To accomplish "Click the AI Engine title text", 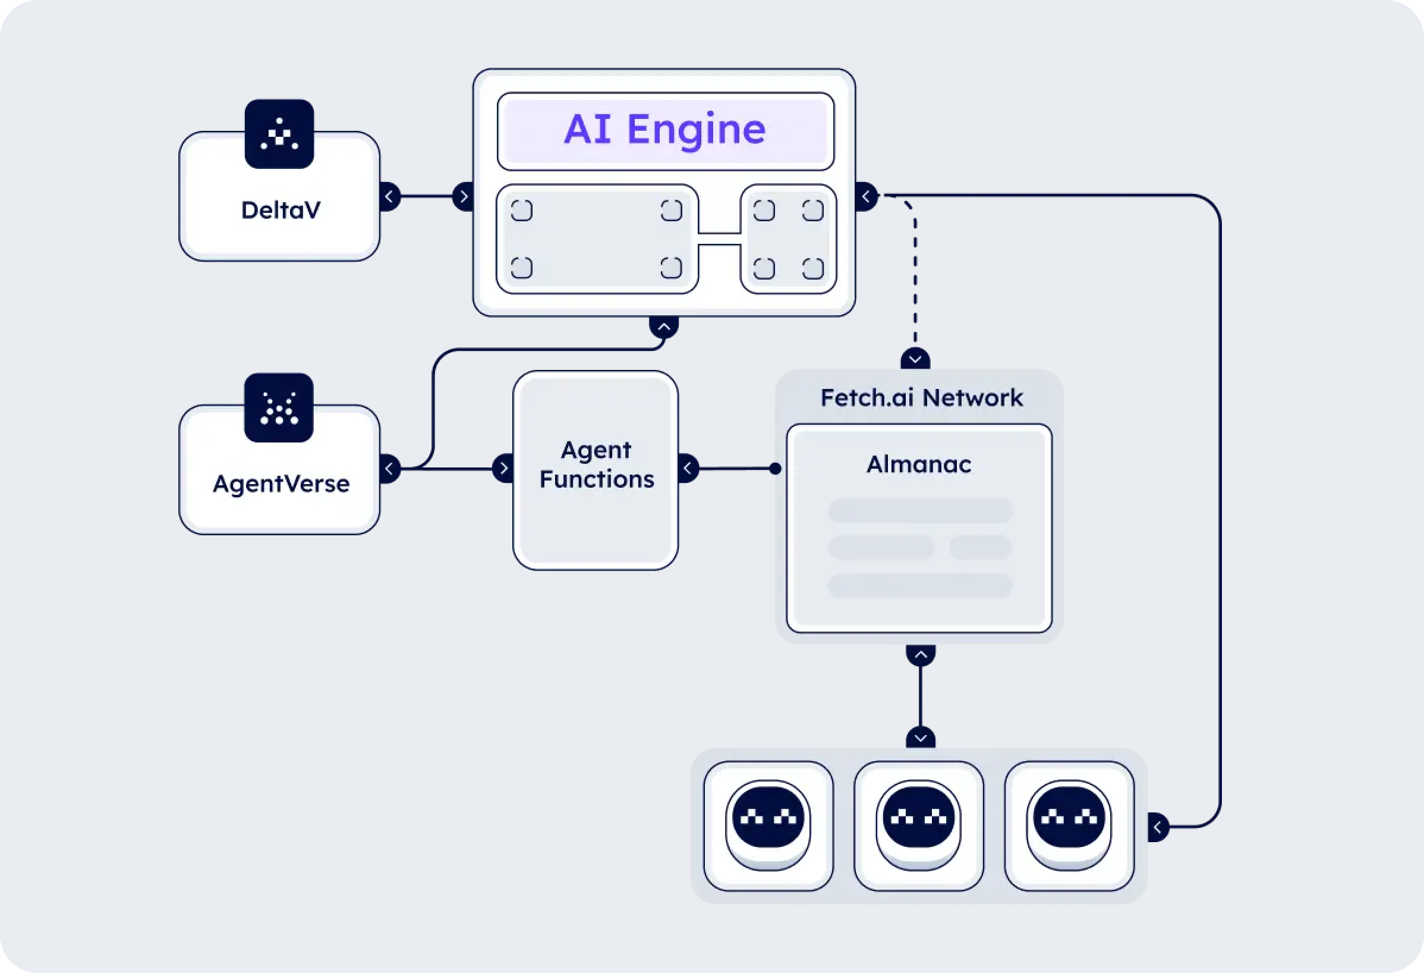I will pyautogui.click(x=665, y=130).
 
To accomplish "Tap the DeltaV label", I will pyautogui.click(x=281, y=211).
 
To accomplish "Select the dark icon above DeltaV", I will pyautogui.click(x=279, y=134).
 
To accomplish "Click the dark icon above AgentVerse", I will pyautogui.click(x=279, y=408).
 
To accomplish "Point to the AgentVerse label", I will pyautogui.click(x=281, y=484).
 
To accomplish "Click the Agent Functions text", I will pyautogui.click(x=596, y=464).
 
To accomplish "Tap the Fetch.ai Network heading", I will pyautogui.click(x=921, y=398).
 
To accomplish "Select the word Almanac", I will pyautogui.click(x=918, y=464).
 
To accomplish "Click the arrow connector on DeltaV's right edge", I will pyautogui.click(x=390, y=197).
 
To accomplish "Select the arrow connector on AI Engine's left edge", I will pyautogui.click(x=463, y=197).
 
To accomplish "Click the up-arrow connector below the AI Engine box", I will pyautogui.click(x=664, y=327).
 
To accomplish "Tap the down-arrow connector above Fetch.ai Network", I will pyautogui.click(x=915, y=359).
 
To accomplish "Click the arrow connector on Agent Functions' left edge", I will pyautogui.click(x=503, y=469).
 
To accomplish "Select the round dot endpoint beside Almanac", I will pyautogui.click(x=775, y=469).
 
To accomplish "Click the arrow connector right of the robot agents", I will pyautogui.click(x=1158, y=828).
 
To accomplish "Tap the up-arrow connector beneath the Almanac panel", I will pyautogui.click(x=921, y=655).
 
